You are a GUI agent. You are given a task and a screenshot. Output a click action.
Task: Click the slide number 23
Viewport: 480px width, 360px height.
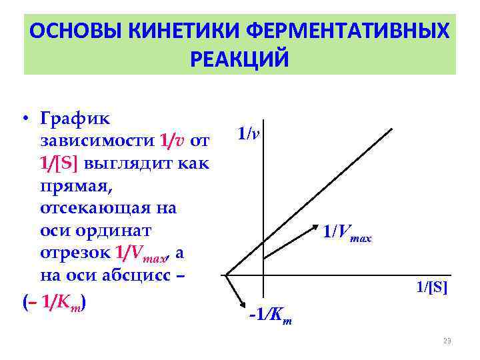click(x=447, y=341)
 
